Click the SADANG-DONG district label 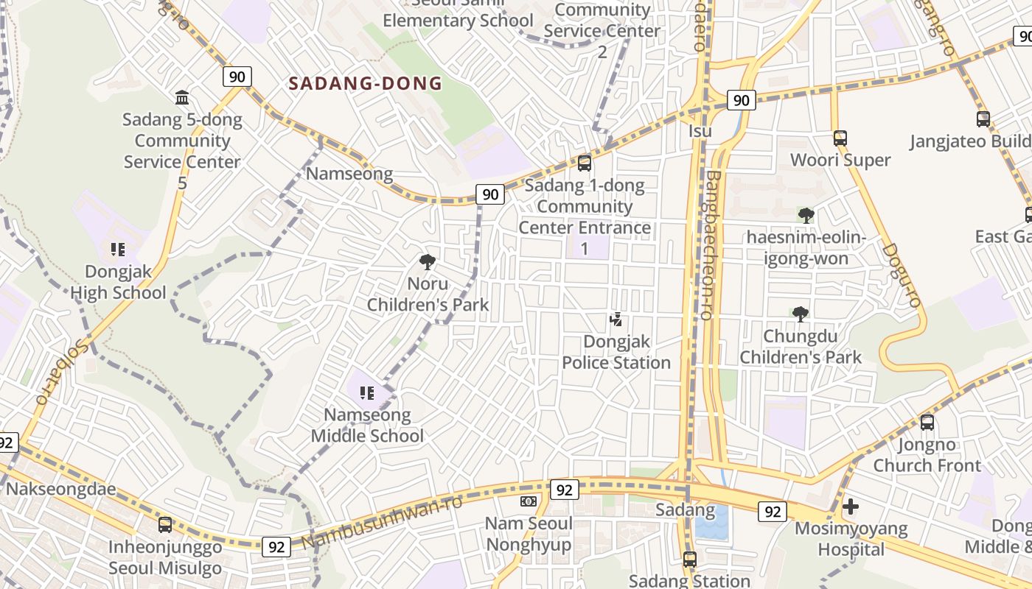pos(365,83)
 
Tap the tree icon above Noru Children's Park pos(428,261)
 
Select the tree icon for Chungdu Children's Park pos(801,314)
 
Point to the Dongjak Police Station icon pos(616,320)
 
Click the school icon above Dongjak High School pos(117,250)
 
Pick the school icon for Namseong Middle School pos(367,393)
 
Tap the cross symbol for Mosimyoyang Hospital pos(851,507)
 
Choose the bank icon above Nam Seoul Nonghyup pos(528,501)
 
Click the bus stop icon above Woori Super pos(840,138)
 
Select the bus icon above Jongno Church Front pos(927,423)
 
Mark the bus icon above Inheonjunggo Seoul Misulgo pos(165,525)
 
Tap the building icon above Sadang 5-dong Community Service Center pos(182,97)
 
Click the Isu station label pos(700,131)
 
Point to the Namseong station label pos(349,174)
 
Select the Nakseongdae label pos(61,489)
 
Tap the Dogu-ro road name pos(902,275)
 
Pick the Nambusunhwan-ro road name pos(382,523)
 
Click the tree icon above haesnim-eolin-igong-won pos(806,215)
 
